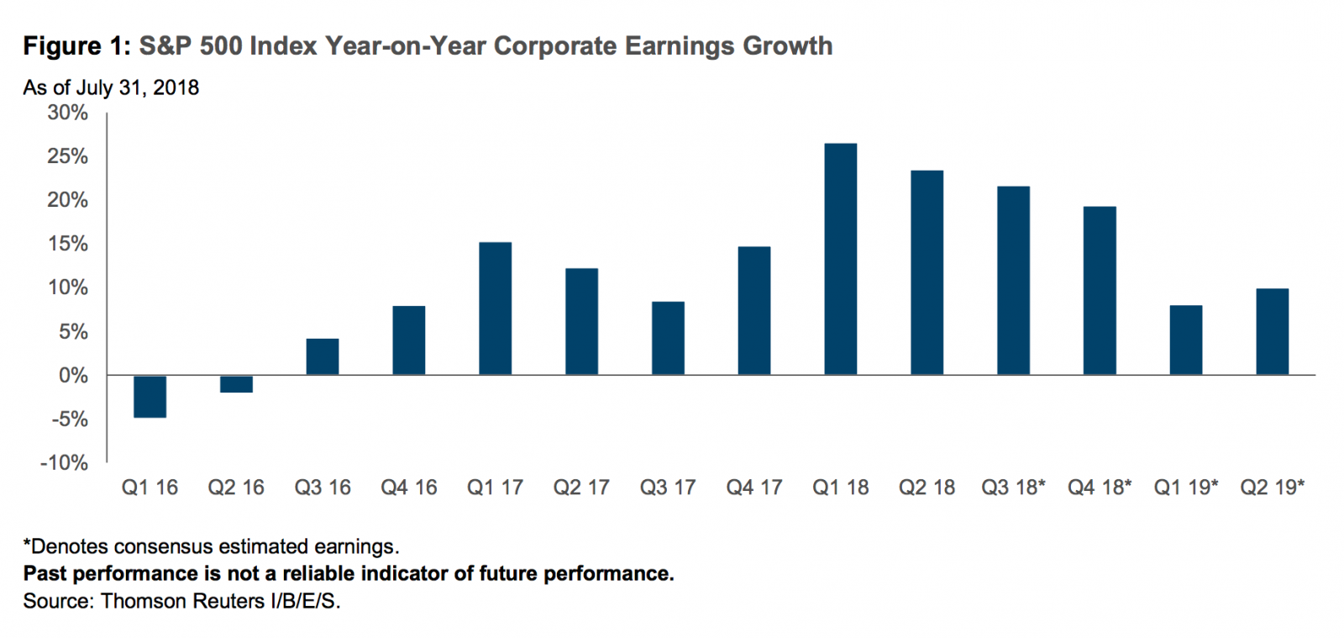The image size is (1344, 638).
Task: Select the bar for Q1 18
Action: click(840, 259)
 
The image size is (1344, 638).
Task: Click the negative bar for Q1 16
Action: click(150, 396)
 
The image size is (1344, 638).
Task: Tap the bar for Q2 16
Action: click(236, 383)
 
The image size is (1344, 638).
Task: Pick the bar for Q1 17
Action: click(495, 308)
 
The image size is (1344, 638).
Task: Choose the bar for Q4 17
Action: click(753, 310)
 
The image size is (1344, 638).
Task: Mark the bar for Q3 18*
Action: click(1013, 280)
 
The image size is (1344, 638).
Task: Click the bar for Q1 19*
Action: click(1185, 340)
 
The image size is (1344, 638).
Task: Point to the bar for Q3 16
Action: click(323, 356)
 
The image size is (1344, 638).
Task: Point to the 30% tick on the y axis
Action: click(68, 113)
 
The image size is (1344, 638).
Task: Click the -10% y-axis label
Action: click(64, 463)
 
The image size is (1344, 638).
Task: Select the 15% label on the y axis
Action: click(68, 244)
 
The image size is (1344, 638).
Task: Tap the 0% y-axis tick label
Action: click(73, 376)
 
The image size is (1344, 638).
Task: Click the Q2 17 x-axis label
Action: click(581, 488)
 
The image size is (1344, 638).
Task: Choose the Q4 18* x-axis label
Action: click(1100, 488)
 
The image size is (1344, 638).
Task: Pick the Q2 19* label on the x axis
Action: click(1273, 488)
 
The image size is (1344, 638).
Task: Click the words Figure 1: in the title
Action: click(76, 46)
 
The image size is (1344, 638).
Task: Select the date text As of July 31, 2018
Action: click(111, 87)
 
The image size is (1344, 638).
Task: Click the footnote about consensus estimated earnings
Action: click(211, 546)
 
